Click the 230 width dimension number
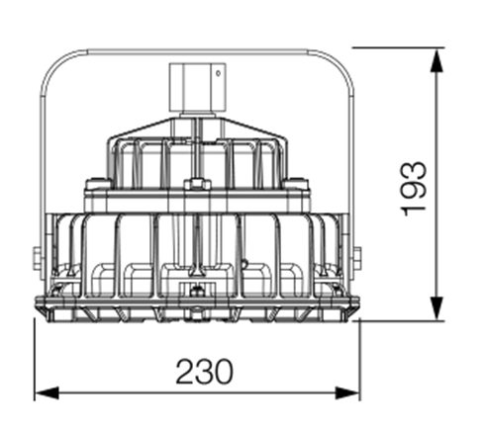tap(204, 372)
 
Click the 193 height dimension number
tap(414, 189)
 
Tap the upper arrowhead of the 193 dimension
tap(436, 61)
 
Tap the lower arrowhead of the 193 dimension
tap(436, 307)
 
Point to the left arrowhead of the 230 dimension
tap(47, 392)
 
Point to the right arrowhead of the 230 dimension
tap(347, 392)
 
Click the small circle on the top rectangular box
tap(218, 73)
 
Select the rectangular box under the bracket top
tap(197, 87)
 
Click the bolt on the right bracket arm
tap(357, 258)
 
